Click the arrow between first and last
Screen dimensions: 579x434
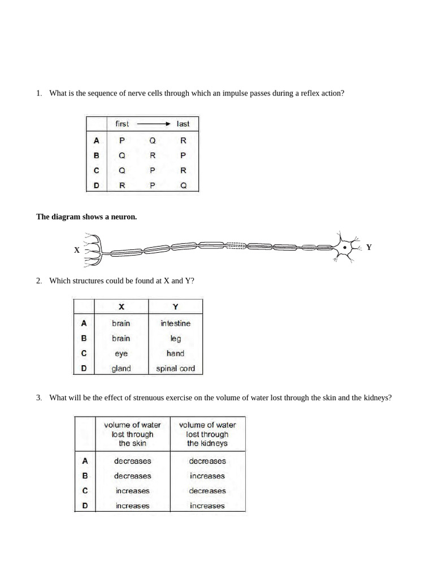[154, 124]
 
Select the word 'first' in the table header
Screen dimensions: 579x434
[122, 124]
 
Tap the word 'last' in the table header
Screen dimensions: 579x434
[183, 124]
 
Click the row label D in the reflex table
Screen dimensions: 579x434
[97, 185]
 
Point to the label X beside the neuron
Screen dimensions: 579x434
[76, 250]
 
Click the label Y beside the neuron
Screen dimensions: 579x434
[368, 247]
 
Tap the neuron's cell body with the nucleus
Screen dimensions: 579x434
[344, 247]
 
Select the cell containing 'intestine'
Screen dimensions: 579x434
[175, 323]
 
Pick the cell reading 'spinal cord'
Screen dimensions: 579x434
[175, 369]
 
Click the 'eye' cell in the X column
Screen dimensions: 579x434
[121, 353]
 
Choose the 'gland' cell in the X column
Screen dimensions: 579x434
[121, 369]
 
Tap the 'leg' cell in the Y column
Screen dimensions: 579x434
[175, 339]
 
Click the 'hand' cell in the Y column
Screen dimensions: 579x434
[175, 353]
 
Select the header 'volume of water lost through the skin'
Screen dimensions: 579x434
[132, 434]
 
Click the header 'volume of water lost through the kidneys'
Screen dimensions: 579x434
[207, 434]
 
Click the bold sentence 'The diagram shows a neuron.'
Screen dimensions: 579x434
[86, 217]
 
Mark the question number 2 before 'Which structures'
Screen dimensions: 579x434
[38, 280]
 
